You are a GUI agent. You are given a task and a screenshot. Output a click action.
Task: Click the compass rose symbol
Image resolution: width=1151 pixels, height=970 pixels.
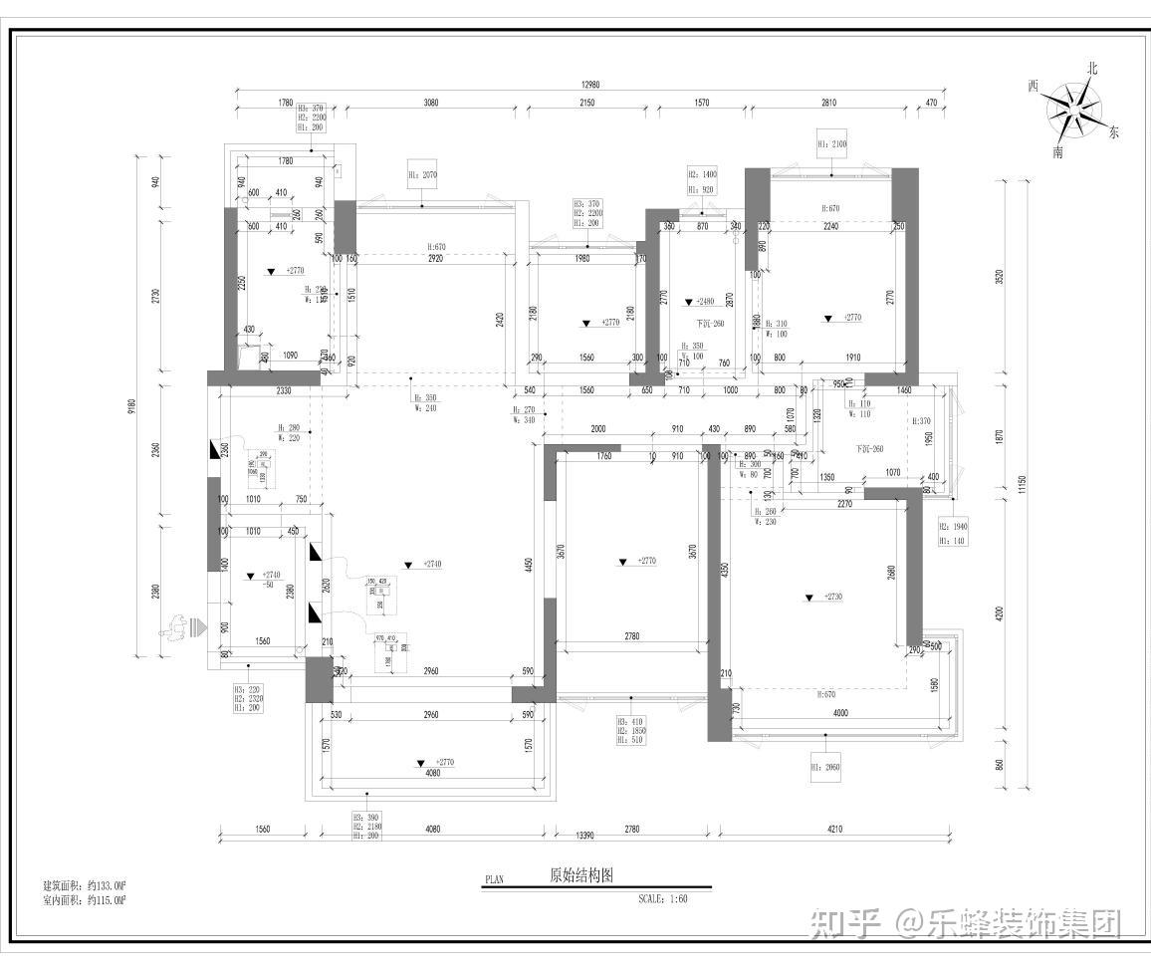[x=1072, y=109]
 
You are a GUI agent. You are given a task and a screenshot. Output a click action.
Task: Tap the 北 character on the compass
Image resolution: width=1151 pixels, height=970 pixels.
[x=1092, y=69]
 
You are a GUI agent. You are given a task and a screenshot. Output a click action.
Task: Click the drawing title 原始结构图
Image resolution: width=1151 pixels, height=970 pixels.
[x=581, y=876]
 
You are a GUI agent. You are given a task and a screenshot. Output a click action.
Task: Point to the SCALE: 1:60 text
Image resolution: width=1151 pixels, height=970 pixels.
[x=662, y=898]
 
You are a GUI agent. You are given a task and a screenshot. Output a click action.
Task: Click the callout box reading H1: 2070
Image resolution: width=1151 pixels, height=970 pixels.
[x=422, y=174]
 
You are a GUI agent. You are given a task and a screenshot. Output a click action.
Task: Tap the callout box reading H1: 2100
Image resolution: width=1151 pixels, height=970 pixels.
[x=831, y=143]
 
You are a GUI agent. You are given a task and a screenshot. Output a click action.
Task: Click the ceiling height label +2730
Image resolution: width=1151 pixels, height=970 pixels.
[x=831, y=598]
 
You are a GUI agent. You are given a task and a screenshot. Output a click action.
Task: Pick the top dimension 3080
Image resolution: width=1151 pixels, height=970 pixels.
[x=431, y=103]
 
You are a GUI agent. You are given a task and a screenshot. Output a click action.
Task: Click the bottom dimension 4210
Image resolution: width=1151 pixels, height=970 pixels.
[x=832, y=829]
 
